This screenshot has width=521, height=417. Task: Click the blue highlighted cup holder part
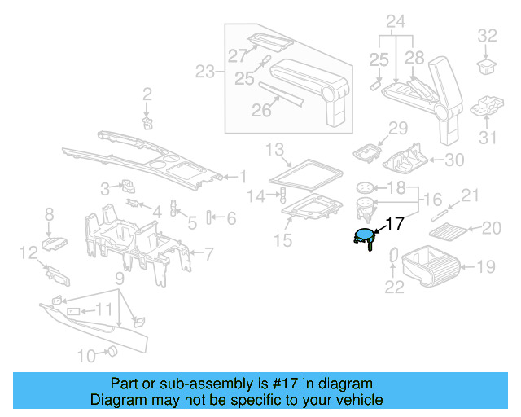pyautogui.click(x=364, y=238)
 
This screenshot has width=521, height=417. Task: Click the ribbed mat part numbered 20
pyautogui.click(x=445, y=231)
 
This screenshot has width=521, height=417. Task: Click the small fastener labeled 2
pyautogui.click(x=147, y=121)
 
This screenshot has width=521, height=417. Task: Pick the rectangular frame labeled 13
pyautogui.click(x=305, y=172)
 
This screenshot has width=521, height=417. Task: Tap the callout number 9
pyautogui.click(x=119, y=279)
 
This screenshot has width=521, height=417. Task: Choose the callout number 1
pyautogui.click(x=242, y=176)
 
